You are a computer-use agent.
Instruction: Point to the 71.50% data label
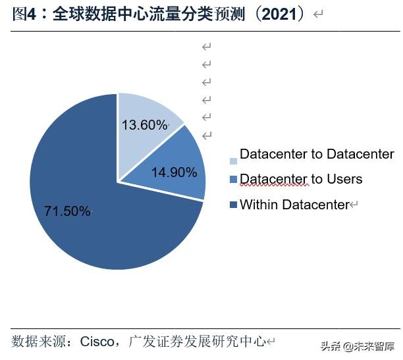pos(67,211)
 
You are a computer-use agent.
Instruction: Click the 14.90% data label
pos(174,173)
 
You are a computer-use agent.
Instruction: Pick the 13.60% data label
pos(144,125)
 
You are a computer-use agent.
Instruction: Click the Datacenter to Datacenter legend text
pos(317,155)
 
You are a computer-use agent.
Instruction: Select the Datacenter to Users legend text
pos(301,179)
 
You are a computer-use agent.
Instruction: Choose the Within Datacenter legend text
pos(294,205)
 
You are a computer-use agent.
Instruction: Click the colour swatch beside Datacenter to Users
pos(233,180)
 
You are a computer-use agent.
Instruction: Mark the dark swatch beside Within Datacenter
pos(233,206)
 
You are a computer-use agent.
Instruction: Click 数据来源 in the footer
pos(35,342)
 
